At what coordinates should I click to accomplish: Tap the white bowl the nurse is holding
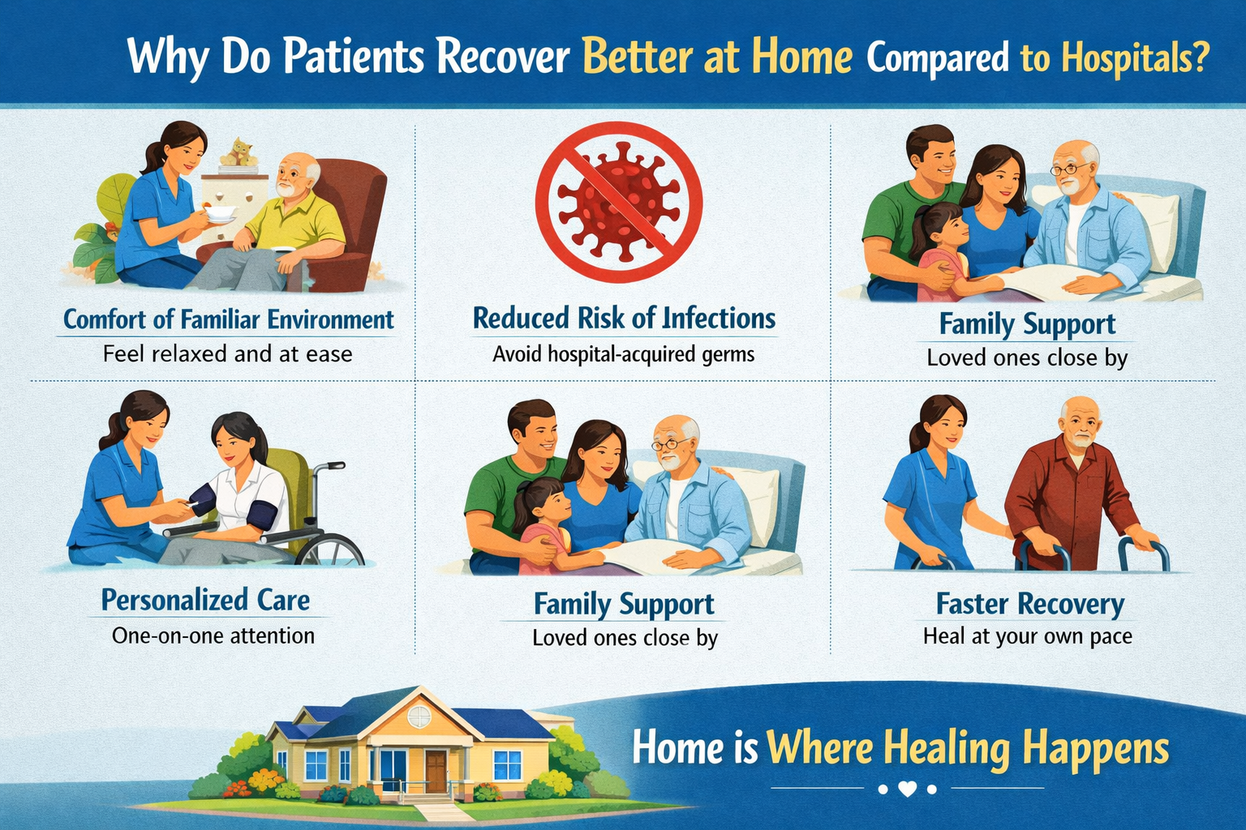(x=221, y=213)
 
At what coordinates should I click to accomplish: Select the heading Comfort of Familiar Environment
(x=229, y=319)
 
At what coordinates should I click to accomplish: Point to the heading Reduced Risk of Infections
(x=624, y=318)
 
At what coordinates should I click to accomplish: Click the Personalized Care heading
(x=205, y=600)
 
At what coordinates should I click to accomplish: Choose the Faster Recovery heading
(x=1030, y=604)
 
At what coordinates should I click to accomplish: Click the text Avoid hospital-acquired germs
(x=624, y=354)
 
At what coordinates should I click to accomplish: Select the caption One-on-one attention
(x=213, y=635)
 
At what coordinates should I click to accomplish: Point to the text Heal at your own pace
(x=1028, y=636)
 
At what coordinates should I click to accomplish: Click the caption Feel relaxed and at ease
(x=227, y=354)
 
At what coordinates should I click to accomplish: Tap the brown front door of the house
(x=436, y=771)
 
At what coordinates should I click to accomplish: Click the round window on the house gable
(x=419, y=717)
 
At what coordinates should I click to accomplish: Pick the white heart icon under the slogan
(x=907, y=789)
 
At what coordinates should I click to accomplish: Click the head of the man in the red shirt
(x=1081, y=421)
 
